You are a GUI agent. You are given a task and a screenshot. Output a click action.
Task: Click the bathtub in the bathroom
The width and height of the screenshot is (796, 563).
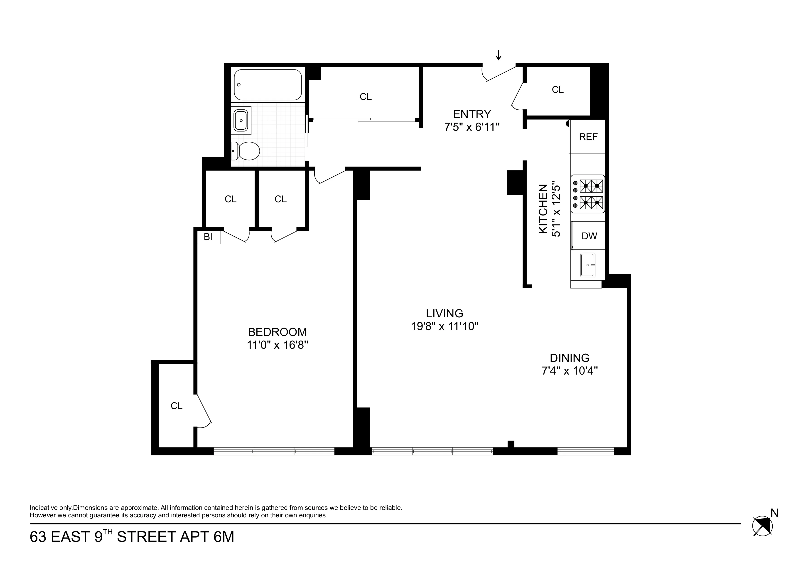(268, 85)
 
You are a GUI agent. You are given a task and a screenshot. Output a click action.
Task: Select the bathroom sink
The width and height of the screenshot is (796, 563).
(241, 120)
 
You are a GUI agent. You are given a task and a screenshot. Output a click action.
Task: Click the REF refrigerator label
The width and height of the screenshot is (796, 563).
(588, 137)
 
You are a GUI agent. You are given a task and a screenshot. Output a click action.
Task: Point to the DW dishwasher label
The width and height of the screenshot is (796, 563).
(589, 236)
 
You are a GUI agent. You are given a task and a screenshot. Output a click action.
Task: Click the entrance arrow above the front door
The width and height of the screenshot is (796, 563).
(499, 55)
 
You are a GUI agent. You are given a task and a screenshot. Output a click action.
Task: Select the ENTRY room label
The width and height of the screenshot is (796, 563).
(472, 114)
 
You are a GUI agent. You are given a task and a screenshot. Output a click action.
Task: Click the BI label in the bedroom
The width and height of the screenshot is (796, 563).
(208, 237)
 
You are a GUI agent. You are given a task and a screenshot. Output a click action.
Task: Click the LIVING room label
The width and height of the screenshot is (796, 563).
(445, 313)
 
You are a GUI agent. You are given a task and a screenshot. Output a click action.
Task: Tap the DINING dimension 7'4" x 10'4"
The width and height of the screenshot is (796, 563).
(570, 371)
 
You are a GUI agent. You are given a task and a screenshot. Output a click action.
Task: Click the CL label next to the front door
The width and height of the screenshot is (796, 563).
(558, 90)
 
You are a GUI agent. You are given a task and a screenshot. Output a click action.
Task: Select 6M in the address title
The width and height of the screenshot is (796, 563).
(224, 537)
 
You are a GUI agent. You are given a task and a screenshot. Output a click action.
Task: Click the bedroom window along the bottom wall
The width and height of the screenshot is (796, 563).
(274, 451)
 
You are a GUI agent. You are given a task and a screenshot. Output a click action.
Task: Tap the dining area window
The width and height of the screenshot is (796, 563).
(586, 451)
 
